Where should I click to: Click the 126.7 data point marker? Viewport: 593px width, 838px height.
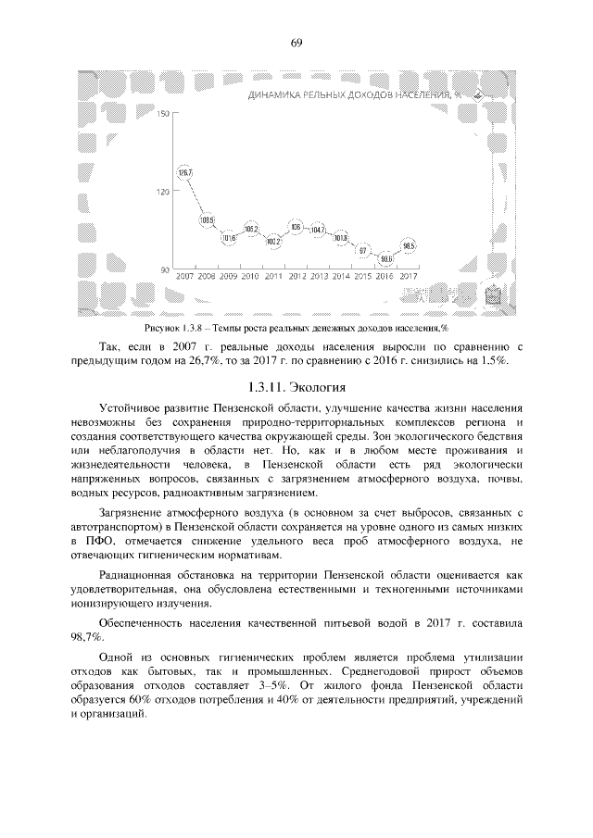coord(184,173)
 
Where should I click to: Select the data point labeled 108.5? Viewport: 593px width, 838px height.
coord(207,220)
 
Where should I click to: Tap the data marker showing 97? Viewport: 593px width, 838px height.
coord(362,250)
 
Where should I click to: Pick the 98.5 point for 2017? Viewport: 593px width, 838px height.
coord(409,245)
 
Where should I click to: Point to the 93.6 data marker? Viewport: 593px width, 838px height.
coord(385,258)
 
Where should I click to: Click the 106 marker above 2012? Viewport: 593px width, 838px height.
coord(296,226)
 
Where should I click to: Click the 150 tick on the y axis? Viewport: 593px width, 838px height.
coord(163,114)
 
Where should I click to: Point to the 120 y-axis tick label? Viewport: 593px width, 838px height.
coord(163,192)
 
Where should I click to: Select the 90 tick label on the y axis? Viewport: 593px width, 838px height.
coord(165,269)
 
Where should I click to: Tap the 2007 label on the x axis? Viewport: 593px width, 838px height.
coord(184,277)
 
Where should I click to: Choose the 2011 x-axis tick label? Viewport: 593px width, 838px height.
coord(273,277)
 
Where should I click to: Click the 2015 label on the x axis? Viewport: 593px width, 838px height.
coord(363,277)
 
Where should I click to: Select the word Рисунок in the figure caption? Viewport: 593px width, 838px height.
coord(162,329)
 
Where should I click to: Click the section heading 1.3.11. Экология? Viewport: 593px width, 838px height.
coord(296,386)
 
